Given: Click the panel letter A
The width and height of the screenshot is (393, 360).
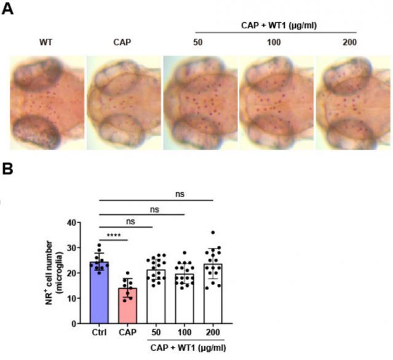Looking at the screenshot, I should (x=8, y=10).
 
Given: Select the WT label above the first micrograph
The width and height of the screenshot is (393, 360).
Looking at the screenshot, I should (x=45, y=42).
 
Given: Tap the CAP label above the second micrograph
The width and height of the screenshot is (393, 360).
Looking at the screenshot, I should (x=122, y=42).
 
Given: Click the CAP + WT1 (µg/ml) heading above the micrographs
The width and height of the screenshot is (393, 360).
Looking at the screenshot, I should (x=275, y=25).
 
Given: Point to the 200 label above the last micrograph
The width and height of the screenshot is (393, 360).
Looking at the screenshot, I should (x=350, y=42).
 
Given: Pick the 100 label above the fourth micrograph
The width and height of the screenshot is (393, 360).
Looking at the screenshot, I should (x=275, y=42).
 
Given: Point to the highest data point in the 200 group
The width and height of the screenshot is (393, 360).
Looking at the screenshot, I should (x=212, y=233).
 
